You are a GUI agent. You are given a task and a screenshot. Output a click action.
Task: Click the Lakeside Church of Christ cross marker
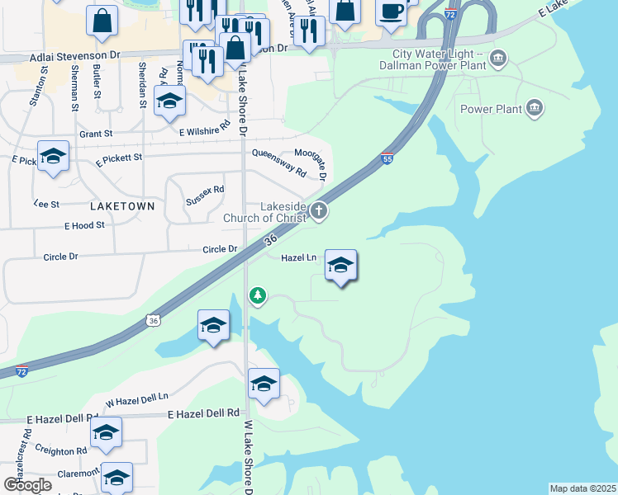pos(319,212)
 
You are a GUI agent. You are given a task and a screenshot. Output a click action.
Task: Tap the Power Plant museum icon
pos(535,109)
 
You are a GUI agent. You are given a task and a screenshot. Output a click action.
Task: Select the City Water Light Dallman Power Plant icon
pos(498,58)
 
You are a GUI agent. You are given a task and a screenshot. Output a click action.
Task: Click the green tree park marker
pos(259,295)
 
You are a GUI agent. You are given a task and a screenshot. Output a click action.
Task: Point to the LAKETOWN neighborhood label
pos(121,206)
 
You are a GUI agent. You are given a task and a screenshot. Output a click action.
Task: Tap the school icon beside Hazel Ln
pos(340,266)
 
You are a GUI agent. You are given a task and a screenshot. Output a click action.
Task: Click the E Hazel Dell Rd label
pos(203,412)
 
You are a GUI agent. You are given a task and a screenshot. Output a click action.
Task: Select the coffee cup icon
pos(391,11)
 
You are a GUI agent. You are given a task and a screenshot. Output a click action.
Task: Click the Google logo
pos(27,485)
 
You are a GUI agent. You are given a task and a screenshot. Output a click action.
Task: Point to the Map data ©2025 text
pos(582,488)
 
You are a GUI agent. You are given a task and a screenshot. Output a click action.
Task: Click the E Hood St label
pos(85,224)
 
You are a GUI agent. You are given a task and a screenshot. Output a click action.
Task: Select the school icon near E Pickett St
pos(54,157)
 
